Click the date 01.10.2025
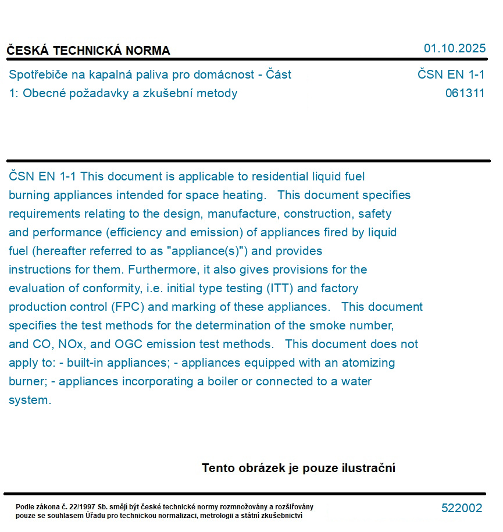454,48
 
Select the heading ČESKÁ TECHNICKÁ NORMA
88,51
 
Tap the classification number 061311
465,93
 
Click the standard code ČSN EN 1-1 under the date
451,75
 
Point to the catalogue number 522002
462,508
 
